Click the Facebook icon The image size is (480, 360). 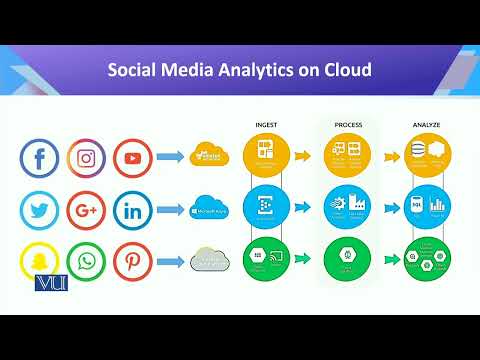click(40, 158)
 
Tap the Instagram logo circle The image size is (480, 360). click(86, 158)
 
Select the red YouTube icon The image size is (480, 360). click(132, 158)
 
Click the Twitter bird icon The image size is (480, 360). click(40, 210)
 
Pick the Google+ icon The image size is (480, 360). click(86, 210)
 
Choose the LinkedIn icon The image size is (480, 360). click(132, 210)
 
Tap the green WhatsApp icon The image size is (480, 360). click(86, 263)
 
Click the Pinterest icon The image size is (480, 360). click(132, 263)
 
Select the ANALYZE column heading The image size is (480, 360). click(427, 125)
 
